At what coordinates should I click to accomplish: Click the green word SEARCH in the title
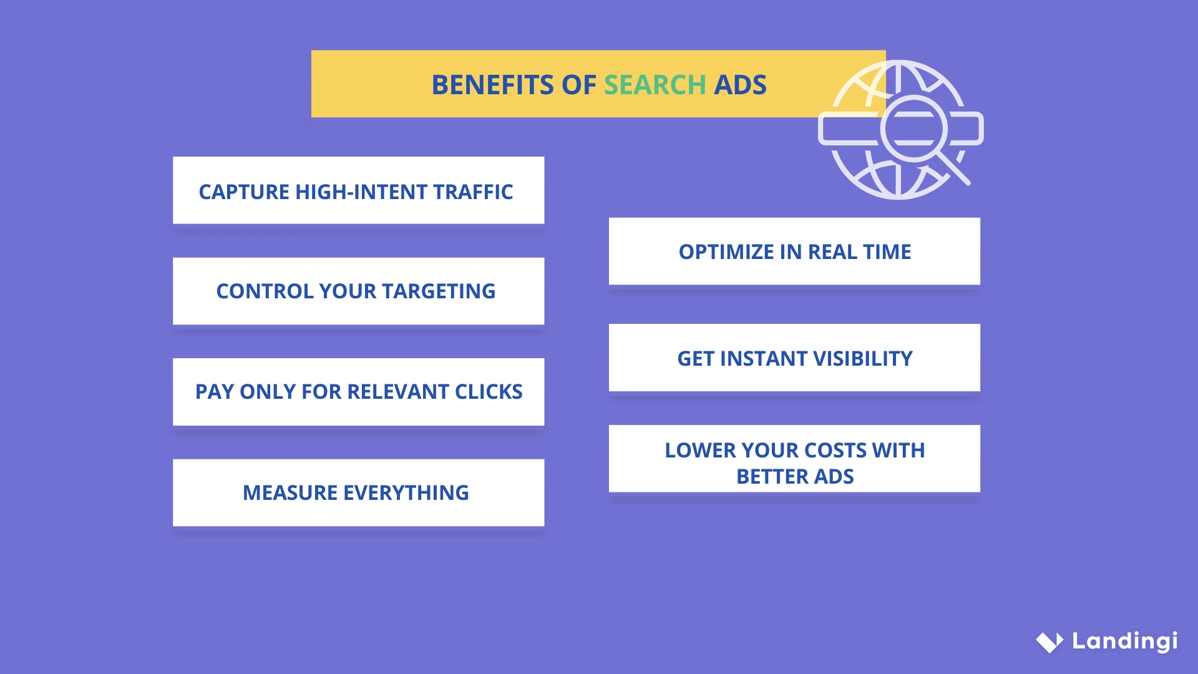655,85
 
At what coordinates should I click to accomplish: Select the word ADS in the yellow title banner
740,85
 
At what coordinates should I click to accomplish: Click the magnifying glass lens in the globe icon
913,129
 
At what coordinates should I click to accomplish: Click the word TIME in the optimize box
887,252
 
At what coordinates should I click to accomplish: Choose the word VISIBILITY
863,359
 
